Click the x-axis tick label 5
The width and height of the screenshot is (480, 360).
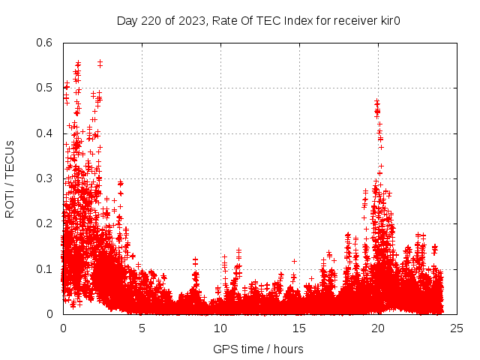pyautogui.click(x=142, y=328)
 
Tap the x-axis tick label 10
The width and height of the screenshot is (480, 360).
pyautogui.click(x=220, y=328)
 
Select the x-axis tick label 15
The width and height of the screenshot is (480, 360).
pyautogui.click(x=299, y=328)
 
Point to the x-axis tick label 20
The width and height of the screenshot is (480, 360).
pyautogui.click(x=378, y=328)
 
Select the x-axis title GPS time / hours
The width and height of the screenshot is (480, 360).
pyautogui.click(x=258, y=349)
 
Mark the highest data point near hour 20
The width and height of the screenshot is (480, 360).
pyautogui.click(x=376, y=100)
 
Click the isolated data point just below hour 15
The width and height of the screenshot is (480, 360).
pyautogui.click(x=294, y=261)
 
